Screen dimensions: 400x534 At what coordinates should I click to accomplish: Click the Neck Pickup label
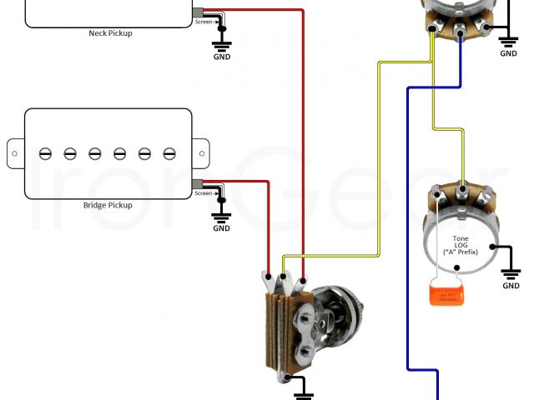tap(110, 33)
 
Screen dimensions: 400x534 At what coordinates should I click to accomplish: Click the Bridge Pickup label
tap(108, 205)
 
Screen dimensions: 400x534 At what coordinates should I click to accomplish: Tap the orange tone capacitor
tap(444, 294)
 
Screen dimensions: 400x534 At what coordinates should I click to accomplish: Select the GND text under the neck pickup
tap(222, 57)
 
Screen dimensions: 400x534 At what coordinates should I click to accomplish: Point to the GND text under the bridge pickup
tap(222, 228)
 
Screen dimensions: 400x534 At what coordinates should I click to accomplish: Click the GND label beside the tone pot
tap(511, 286)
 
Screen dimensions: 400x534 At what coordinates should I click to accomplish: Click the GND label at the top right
tap(508, 53)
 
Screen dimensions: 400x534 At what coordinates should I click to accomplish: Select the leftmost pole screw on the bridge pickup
tap(46, 153)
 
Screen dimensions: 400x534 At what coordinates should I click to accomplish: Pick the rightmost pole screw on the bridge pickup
tap(169, 153)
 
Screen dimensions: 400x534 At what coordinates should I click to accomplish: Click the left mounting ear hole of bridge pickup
tap(14, 153)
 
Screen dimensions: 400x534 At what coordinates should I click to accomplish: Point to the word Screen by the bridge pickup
tap(204, 193)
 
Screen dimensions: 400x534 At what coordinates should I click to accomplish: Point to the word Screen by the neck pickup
tap(204, 22)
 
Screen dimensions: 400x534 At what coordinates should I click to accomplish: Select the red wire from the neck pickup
tap(302, 125)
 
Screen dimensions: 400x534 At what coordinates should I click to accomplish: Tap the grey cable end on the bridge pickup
tap(198, 183)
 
